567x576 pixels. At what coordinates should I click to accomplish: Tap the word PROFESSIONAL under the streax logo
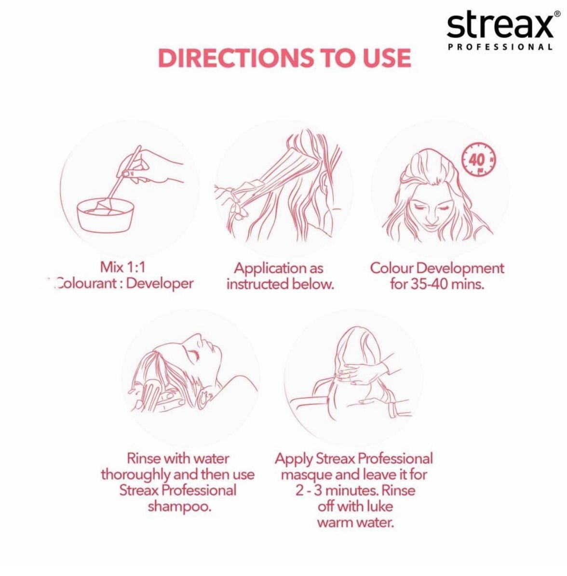pyautogui.click(x=500, y=47)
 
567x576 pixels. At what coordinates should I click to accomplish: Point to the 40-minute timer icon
pyautogui.click(x=478, y=160)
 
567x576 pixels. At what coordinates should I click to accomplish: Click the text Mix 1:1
pyautogui.click(x=123, y=267)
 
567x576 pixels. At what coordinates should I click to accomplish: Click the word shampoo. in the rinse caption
pyautogui.click(x=179, y=507)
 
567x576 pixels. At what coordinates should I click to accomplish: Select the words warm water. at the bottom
pyautogui.click(x=355, y=522)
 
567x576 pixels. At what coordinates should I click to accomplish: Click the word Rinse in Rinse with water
pyautogui.click(x=144, y=458)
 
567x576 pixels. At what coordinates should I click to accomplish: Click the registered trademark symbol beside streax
pyautogui.click(x=557, y=14)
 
